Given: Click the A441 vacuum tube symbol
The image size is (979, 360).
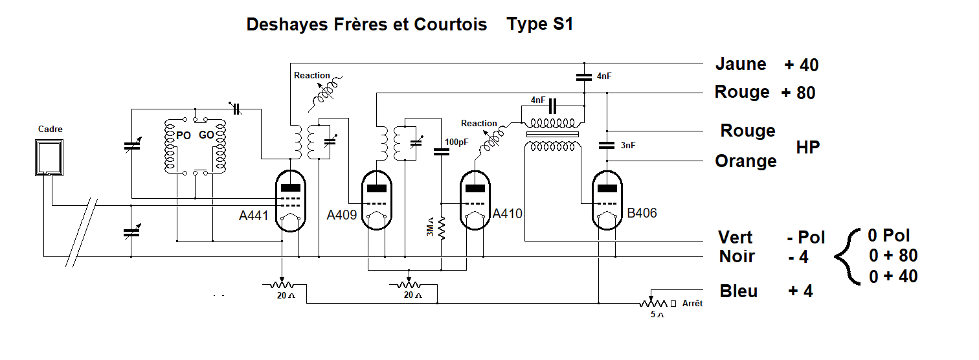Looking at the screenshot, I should pos(291,200).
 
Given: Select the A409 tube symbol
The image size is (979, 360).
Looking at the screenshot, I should pos(376,200).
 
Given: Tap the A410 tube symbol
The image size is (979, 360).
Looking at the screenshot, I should pos(476,200).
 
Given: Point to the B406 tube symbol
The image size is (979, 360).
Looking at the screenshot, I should pos(607,200).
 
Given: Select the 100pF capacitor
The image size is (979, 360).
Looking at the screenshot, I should pos(441,152).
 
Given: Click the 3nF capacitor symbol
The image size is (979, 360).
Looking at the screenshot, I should pos(607,145).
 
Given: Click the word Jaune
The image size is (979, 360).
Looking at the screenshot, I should pos(741,64).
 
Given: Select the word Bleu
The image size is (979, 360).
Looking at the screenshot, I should pos(739,291).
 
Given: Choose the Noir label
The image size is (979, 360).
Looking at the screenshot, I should pos(737,256).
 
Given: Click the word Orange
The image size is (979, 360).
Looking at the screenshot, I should pos(745,161).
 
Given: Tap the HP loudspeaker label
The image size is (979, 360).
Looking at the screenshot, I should pos(808,147).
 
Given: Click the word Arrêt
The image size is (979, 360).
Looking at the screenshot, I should pos(692,303).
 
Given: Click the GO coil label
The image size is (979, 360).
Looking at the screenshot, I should pos(207,136).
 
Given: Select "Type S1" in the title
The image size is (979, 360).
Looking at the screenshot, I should pos(540,25).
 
